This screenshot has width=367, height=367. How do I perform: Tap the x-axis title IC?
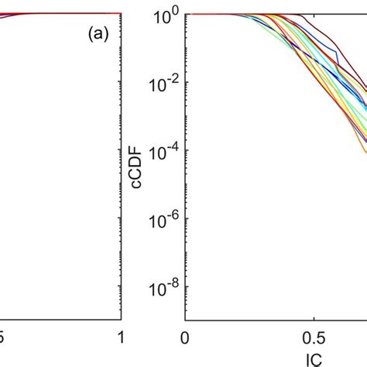click(x=313, y=358)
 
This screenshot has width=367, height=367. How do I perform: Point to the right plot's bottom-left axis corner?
click(x=184, y=321)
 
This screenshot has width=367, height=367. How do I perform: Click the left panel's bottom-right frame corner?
click(x=121, y=321)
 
